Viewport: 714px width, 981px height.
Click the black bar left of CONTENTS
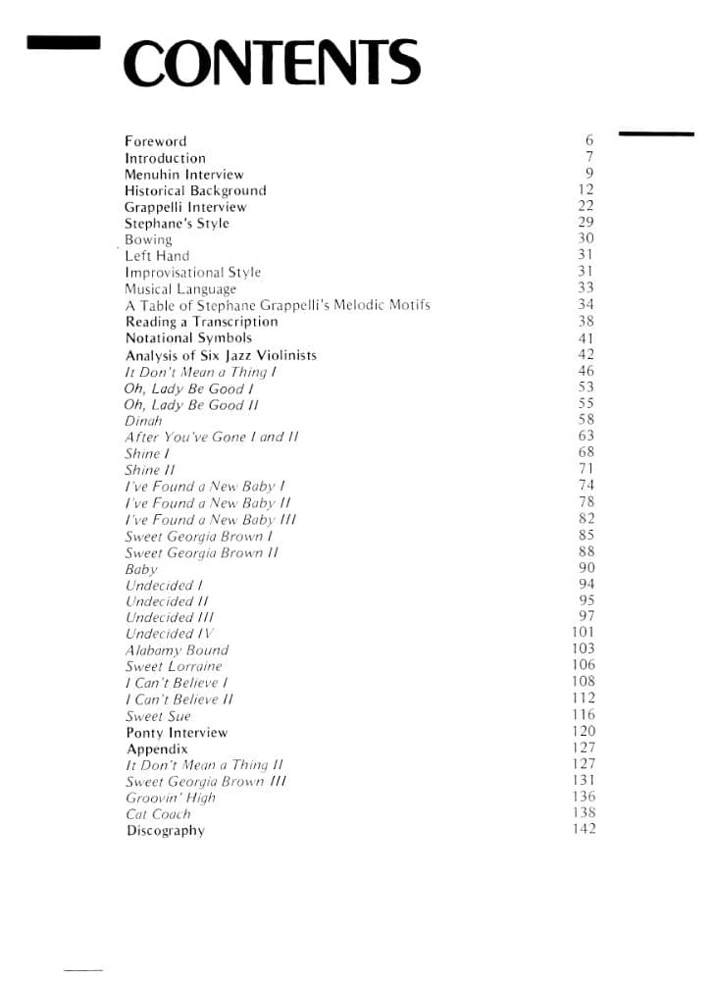(65, 43)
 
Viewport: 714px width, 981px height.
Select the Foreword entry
(155, 141)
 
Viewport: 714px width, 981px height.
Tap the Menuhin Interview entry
(183, 175)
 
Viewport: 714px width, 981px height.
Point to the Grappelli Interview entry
(185, 207)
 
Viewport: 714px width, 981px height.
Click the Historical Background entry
(195, 191)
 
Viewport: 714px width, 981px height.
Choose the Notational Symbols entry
(188, 338)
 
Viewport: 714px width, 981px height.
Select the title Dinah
(143, 421)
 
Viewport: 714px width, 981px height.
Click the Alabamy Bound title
(177, 650)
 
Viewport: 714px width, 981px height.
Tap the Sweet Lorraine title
(174, 667)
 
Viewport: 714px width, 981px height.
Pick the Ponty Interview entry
(177, 733)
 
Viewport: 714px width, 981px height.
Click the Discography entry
(166, 831)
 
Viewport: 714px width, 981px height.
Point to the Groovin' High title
(171, 798)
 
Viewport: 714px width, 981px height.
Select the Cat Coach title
(158, 814)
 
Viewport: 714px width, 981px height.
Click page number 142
(584, 829)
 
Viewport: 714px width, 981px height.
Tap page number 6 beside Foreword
(589, 141)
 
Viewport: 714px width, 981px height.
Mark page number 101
(584, 633)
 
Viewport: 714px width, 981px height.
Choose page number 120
(584, 732)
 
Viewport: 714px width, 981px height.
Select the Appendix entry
(157, 749)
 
